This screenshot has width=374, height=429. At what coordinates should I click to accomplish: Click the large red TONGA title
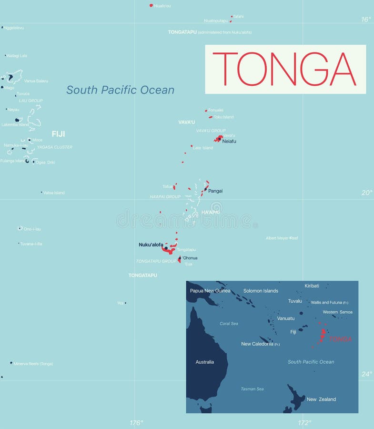pos(284,69)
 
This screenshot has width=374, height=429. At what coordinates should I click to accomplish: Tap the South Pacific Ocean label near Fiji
pos(120,90)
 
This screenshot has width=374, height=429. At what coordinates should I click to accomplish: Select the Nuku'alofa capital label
pos(151,245)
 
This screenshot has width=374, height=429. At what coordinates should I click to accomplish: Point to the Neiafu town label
pos(229,141)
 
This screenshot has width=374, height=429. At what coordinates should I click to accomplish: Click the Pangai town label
pos(215,191)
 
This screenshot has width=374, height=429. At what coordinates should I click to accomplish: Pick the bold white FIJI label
pos(58,134)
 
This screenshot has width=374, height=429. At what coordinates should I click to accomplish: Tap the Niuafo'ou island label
pos(162,6)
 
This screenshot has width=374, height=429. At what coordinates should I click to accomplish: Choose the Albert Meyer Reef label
pos(282,238)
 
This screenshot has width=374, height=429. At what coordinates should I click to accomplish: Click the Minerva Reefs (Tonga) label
pos(33,364)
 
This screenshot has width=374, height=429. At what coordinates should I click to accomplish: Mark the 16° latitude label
pos(365,20)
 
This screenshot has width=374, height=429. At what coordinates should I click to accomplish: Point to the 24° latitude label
pos(366,374)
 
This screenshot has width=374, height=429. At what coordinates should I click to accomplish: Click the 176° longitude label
pos(136,422)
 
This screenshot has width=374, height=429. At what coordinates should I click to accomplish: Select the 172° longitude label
pos(304,422)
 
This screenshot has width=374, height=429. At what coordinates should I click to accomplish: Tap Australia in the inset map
pos(204,362)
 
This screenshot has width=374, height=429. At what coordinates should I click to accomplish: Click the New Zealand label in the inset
pos(321,399)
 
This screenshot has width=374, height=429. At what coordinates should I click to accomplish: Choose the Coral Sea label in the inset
pos(229,324)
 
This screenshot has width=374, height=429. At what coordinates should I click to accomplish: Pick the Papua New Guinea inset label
pos(210,291)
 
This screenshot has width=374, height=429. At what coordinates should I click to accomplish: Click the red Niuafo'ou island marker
pos(151,5)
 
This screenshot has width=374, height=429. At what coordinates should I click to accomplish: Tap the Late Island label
pos(203,148)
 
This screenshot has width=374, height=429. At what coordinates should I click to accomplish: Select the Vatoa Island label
pos(54,193)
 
